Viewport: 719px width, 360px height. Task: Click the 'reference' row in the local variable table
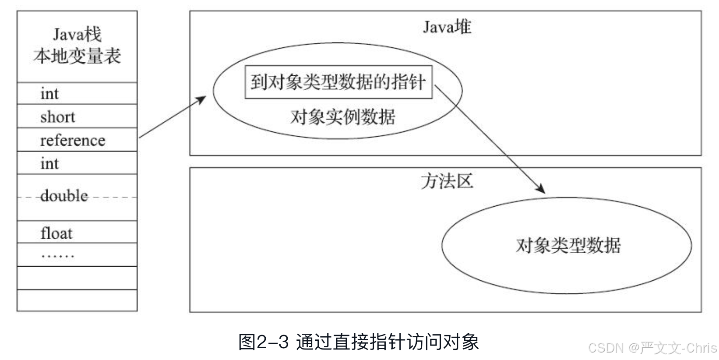click(73, 140)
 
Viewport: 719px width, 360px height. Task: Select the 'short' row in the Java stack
click(58, 117)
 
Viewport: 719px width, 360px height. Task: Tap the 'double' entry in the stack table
click(64, 196)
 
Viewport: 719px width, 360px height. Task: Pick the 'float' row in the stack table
click(56, 233)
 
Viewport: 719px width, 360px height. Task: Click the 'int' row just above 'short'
click(49, 94)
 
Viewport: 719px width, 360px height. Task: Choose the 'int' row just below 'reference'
click(49, 164)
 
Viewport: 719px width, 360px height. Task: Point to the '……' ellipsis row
click(57, 255)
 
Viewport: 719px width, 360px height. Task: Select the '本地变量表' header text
click(77, 56)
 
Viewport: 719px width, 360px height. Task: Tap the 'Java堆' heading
click(447, 27)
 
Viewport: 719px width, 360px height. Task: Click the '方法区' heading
click(447, 181)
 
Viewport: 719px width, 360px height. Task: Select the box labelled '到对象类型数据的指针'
click(338, 82)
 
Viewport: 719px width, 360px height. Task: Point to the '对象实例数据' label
click(343, 117)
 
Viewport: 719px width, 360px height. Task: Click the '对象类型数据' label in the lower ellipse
click(568, 245)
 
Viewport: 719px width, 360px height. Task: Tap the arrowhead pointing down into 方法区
click(541, 190)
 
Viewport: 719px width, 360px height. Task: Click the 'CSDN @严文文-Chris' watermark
click(652, 348)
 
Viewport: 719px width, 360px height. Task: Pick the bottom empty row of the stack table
click(77, 300)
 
